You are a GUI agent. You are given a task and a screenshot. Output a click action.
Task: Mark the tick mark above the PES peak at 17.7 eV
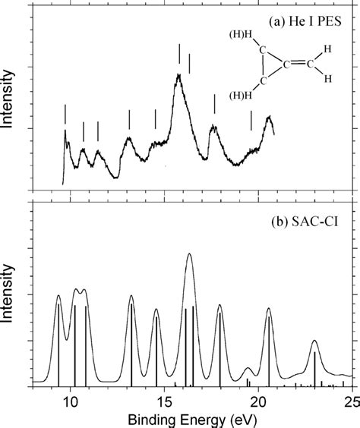click(x=215, y=104)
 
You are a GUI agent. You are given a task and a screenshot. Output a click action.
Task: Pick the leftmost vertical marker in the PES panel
click(x=66, y=114)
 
